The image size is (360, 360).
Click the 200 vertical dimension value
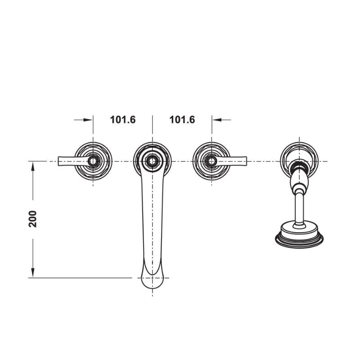pos(33,219)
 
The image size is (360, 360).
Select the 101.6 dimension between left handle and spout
pos(123,120)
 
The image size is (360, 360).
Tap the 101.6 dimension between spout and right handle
pos(182,120)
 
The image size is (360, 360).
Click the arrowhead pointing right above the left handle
pos(89,120)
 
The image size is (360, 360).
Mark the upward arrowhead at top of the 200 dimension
pos(33,166)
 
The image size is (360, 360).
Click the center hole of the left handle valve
pos(93,161)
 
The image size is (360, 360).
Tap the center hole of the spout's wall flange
pos(152,161)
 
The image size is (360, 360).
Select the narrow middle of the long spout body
pos(152,216)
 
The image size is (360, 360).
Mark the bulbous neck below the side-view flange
pos(299,182)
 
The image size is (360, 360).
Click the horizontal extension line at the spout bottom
pos(81,278)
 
